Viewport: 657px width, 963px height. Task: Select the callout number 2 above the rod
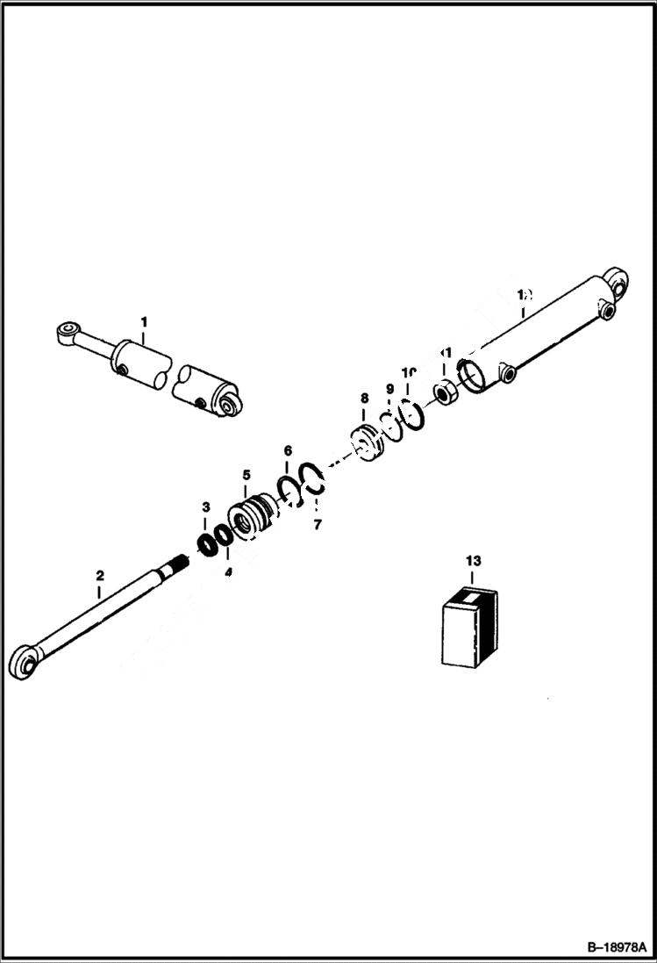(99, 576)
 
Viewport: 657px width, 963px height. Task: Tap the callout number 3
(206, 507)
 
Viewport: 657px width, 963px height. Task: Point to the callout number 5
(246, 475)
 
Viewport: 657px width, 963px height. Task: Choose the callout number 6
(287, 450)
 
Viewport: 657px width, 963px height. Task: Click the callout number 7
(318, 525)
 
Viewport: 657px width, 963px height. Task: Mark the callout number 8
(364, 399)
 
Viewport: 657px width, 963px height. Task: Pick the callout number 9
(389, 389)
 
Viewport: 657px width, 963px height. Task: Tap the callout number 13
(474, 559)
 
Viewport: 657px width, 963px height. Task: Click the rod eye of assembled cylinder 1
(65, 333)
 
